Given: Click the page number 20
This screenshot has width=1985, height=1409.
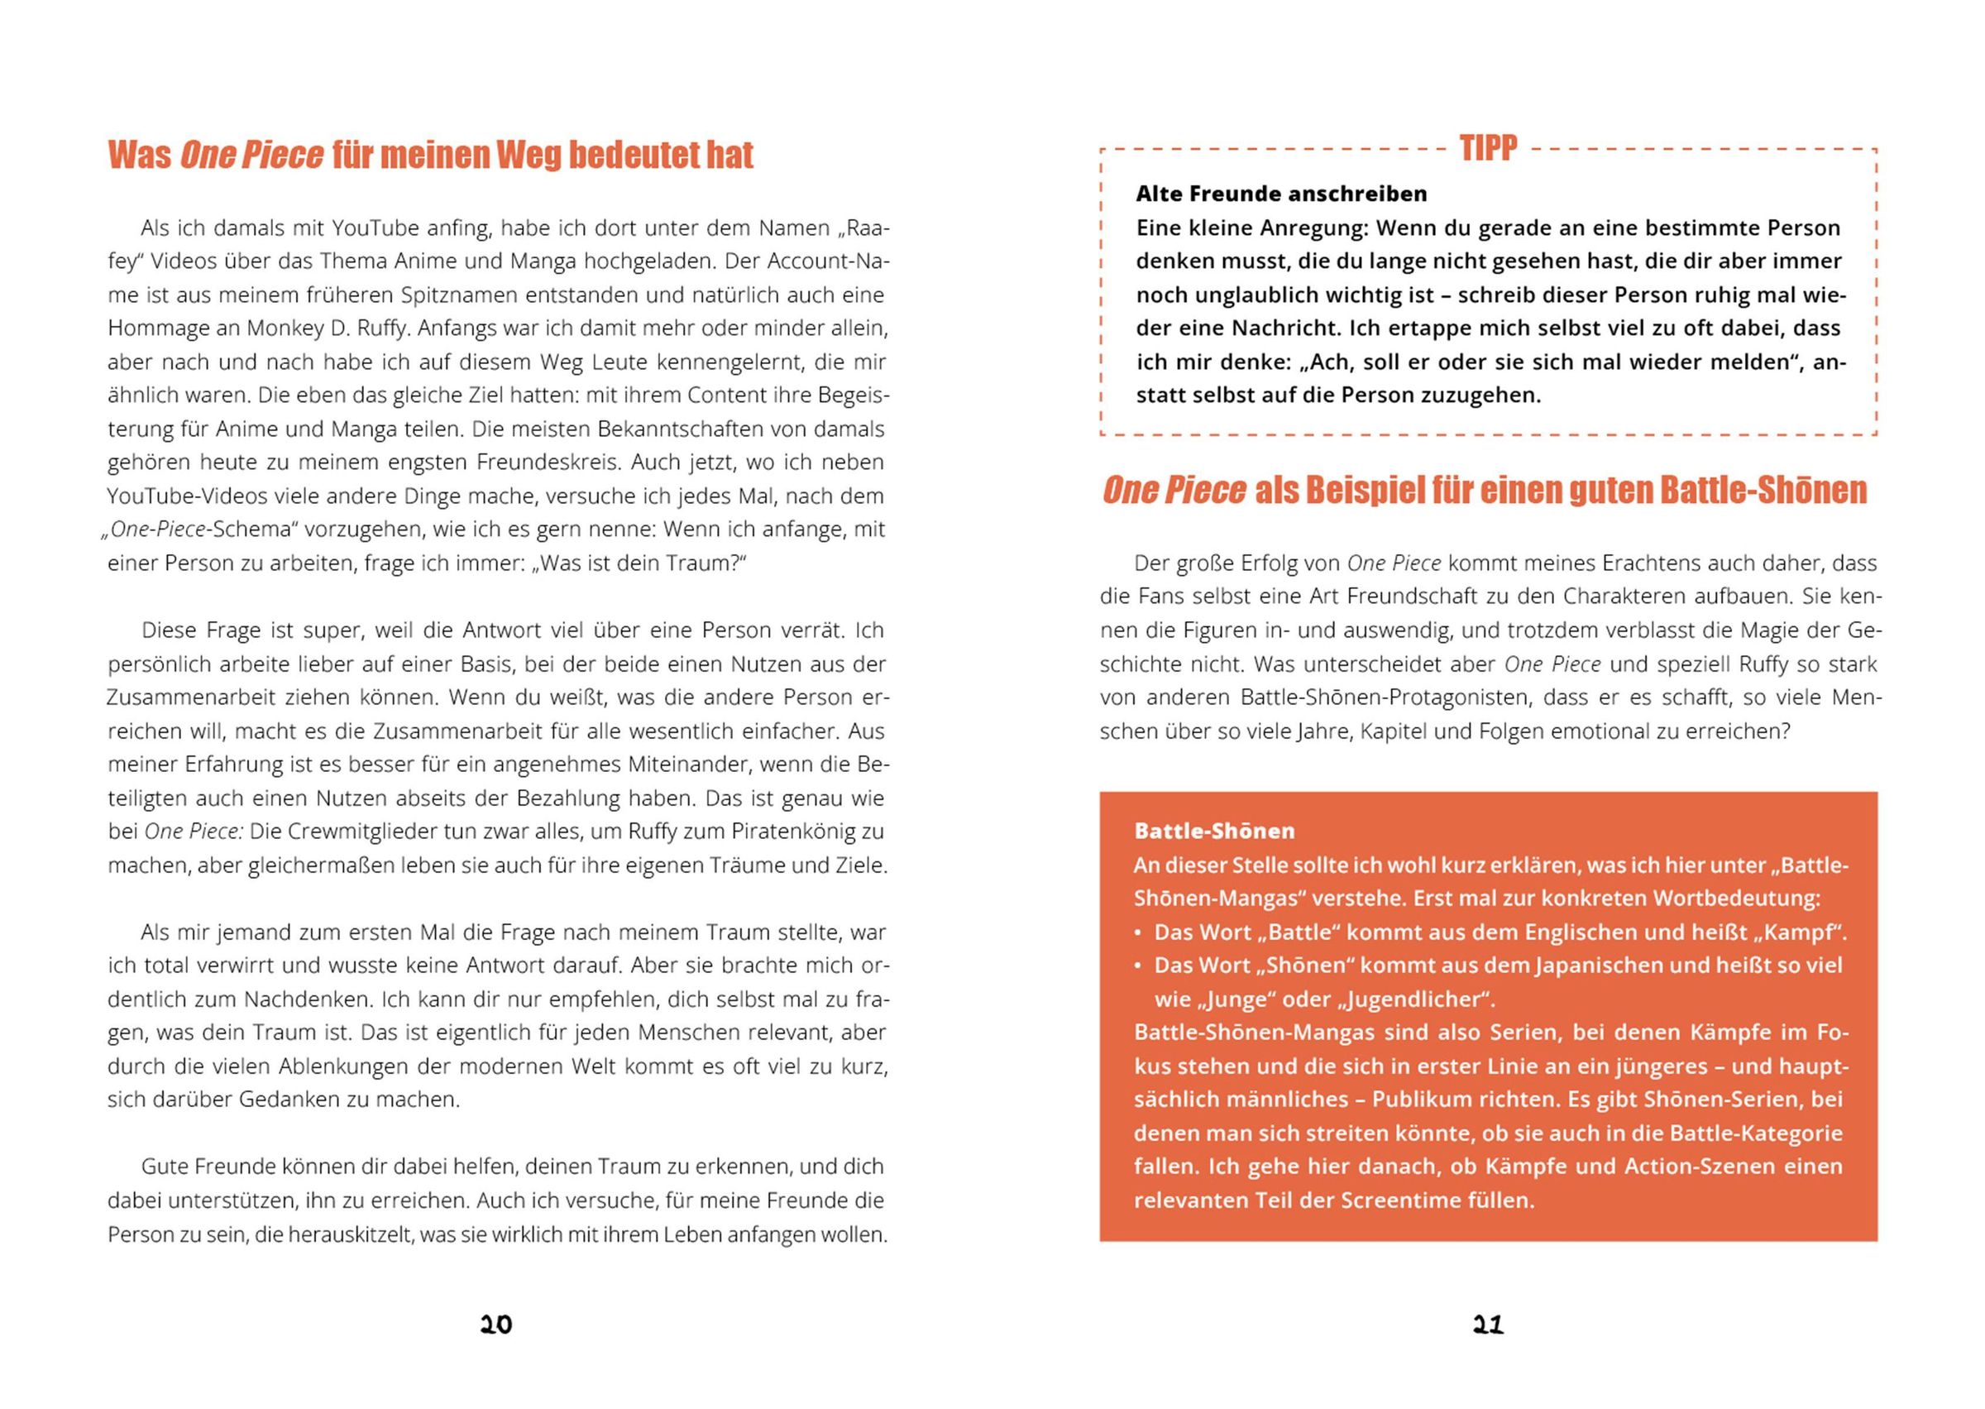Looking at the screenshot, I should click(496, 1325).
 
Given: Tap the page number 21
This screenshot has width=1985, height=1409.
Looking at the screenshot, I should click(1488, 1325).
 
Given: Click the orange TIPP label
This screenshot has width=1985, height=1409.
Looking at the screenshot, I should click(1488, 148).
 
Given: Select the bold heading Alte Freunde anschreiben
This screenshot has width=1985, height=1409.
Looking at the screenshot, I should click(1281, 194).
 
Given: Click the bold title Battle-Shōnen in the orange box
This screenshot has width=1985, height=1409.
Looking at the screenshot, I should click(1214, 832).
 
